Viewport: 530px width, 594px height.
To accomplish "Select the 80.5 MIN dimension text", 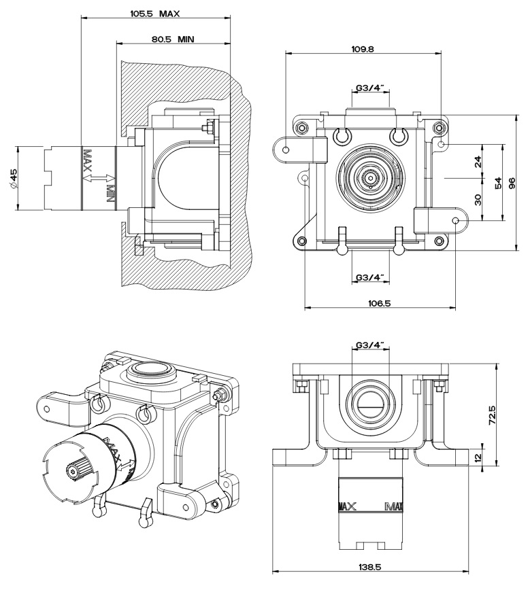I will click(x=173, y=39).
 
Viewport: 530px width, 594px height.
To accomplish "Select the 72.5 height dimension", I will click(x=491, y=414).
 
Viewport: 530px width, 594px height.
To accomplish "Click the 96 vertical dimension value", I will click(x=514, y=182).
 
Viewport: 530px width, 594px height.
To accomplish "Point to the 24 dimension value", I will click(x=478, y=162).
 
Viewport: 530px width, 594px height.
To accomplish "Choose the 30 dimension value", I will click(x=478, y=199).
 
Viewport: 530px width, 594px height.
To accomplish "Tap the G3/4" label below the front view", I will click(x=370, y=277).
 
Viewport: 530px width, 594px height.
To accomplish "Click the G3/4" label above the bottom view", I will click(x=370, y=345).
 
